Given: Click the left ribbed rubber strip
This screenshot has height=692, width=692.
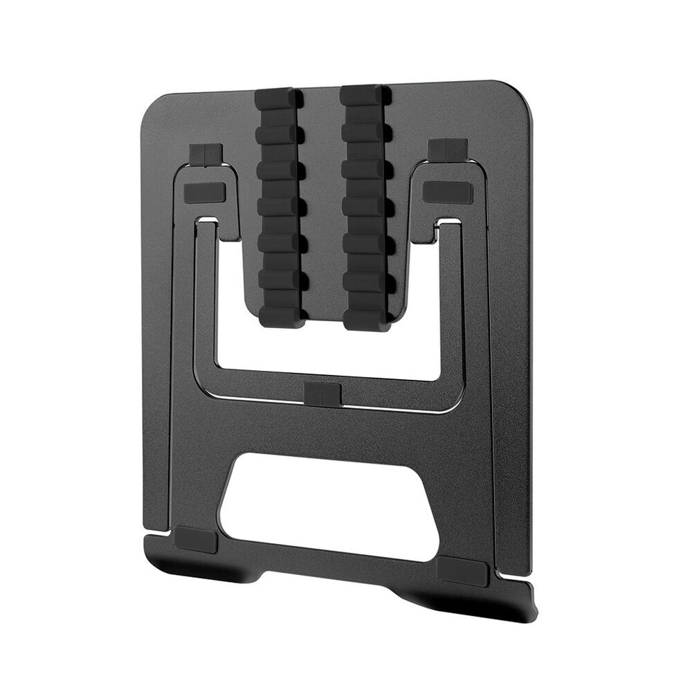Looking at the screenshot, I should coord(280,208).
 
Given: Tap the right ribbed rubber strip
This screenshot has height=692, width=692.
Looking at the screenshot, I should coord(365,208).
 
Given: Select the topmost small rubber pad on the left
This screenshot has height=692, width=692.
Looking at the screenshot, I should coord(204,153).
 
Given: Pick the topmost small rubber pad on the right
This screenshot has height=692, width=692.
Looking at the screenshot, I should coord(448,149).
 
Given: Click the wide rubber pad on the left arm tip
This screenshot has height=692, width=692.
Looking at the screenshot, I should coord(206,192).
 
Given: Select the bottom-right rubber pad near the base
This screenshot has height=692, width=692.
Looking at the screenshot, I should coord(463,569).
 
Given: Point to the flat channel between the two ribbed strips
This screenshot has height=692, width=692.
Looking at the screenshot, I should coord(322,208).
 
